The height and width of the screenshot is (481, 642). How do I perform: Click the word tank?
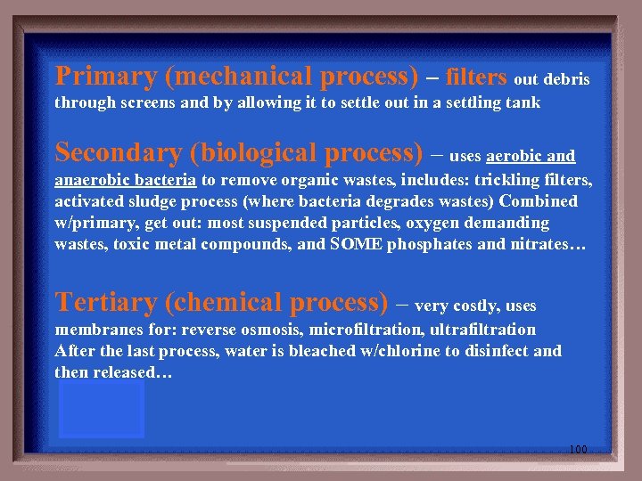click(x=523, y=102)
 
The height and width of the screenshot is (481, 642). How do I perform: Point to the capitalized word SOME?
click(x=356, y=243)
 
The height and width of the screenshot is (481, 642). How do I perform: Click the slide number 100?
click(x=578, y=450)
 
